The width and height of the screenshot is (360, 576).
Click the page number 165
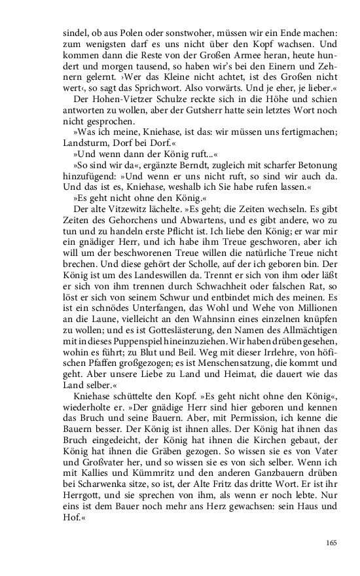331,542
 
